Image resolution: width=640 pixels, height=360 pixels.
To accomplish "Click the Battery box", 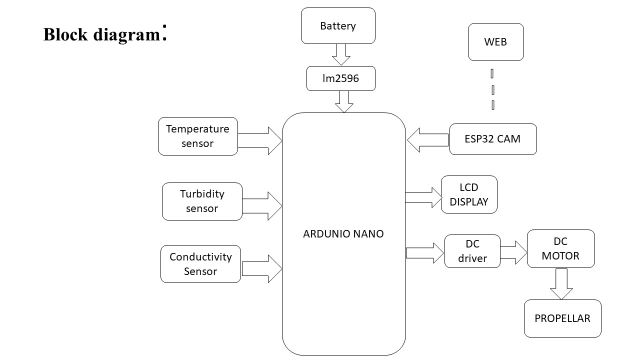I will coord(338,25).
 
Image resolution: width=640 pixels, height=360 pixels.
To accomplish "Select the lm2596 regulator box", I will coord(340,78).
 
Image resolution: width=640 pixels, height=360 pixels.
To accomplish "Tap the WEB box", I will coord(495,42).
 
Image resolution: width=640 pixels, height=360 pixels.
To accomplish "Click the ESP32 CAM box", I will coord(492,139).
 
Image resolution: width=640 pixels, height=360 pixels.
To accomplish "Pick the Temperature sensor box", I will coord(197,136).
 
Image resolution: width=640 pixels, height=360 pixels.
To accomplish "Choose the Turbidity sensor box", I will coord(202,201).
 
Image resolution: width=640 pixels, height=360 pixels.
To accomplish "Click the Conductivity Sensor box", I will coord(200,264).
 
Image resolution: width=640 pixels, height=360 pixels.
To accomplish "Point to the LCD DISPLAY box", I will coord(469,194).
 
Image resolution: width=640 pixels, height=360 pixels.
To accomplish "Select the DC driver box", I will coord(472,251).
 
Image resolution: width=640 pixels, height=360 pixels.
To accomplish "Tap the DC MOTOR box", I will coord(560,248).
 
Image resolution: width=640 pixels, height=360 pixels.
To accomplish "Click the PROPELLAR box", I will coord(562,318).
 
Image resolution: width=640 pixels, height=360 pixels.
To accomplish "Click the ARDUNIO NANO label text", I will coord(343,233).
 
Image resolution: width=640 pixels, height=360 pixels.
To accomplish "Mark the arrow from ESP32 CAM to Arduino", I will coord(427,140).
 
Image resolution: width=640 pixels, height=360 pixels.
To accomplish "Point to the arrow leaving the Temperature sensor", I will coord(260,140).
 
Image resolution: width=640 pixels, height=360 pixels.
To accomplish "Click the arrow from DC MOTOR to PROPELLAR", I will coord(561,283).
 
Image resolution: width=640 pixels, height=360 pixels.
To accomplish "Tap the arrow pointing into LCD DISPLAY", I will coord(423,197).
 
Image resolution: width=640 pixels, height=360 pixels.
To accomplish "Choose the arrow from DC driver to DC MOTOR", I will coord(514,252).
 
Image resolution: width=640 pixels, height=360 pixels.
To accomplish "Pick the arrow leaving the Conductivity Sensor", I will coord(262,268).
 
